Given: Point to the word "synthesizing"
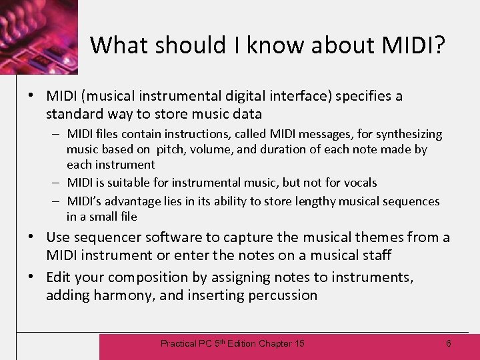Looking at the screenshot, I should [x=408, y=135].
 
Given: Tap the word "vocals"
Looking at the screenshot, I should [x=357, y=183].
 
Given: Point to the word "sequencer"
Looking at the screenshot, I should [x=105, y=237].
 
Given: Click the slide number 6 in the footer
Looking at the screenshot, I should [x=448, y=343].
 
